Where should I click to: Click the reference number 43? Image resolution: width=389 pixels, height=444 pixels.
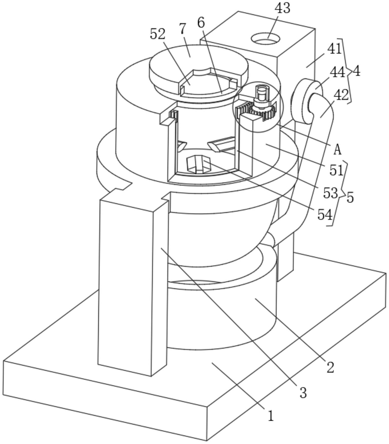[x=282, y=8]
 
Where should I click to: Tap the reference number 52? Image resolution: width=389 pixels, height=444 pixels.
[x=157, y=34]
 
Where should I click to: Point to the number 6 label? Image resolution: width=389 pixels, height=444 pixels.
[x=201, y=23]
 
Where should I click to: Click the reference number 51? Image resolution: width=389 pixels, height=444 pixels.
[x=336, y=171]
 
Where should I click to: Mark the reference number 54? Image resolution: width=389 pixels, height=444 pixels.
[x=325, y=215]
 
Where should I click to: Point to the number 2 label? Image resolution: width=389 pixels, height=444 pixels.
[x=330, y=367]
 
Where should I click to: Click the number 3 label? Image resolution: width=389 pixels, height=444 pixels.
[x=303, y=393]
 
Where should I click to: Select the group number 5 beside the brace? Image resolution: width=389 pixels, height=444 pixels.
[x=350, y=197]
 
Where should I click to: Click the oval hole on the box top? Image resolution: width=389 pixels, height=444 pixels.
[x=266, y=39]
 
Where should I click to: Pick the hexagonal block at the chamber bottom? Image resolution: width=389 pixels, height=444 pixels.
[x=199, y=164]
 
